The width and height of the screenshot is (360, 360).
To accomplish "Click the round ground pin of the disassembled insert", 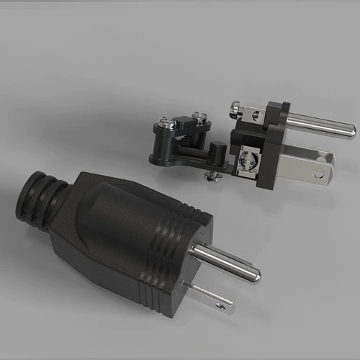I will (x=317, y=123).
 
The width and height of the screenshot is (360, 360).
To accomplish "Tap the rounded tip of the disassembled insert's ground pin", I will (x=350, y=130).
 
